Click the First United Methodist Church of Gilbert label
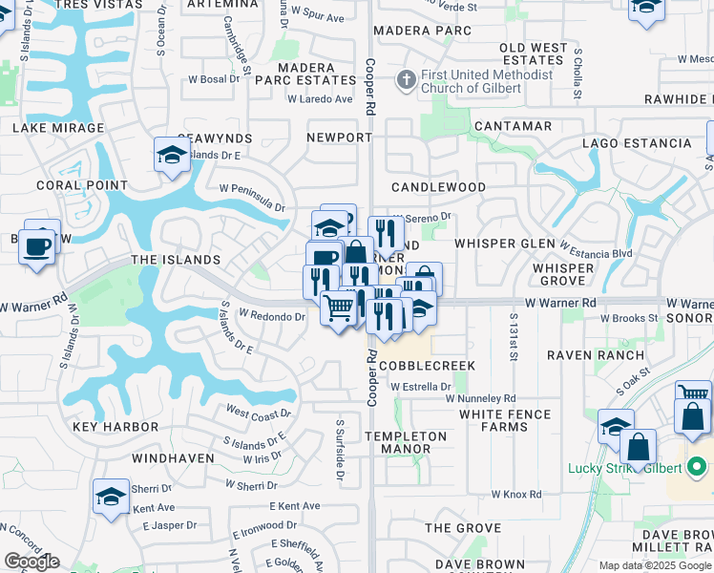473,81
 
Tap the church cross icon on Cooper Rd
406,79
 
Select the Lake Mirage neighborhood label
58,128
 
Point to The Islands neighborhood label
176,260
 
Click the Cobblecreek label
427,366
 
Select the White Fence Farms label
505,420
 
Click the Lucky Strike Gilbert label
623,468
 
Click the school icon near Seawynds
172,155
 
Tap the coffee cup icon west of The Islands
38,244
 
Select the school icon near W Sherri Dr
111,497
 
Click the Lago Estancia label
637,144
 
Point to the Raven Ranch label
582,354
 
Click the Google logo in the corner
31,562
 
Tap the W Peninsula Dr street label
252,198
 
